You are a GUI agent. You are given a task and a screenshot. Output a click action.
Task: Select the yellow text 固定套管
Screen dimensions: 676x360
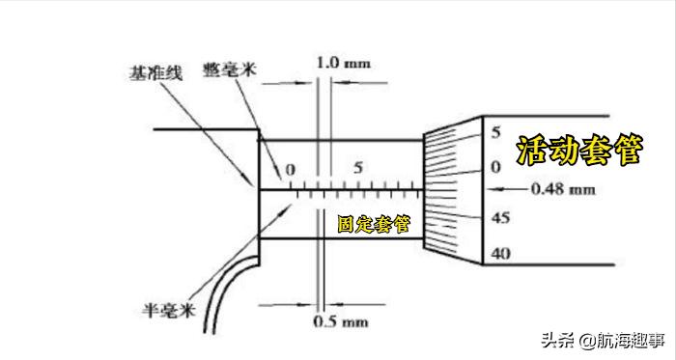373,224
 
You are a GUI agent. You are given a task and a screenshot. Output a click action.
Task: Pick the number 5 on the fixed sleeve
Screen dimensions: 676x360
358,167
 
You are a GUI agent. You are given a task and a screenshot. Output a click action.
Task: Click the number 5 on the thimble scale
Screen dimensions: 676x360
495,132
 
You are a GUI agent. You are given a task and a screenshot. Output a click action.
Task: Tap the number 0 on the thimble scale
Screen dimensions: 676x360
495,168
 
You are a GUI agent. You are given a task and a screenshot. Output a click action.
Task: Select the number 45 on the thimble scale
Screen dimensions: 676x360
499,218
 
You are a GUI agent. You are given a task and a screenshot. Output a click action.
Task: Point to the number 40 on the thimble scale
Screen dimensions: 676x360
499,255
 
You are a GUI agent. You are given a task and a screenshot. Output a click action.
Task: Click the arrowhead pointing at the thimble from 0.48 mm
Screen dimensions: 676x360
510,187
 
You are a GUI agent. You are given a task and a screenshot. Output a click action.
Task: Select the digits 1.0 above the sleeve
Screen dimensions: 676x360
327,63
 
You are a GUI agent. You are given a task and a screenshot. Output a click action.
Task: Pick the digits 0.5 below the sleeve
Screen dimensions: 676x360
327,320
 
